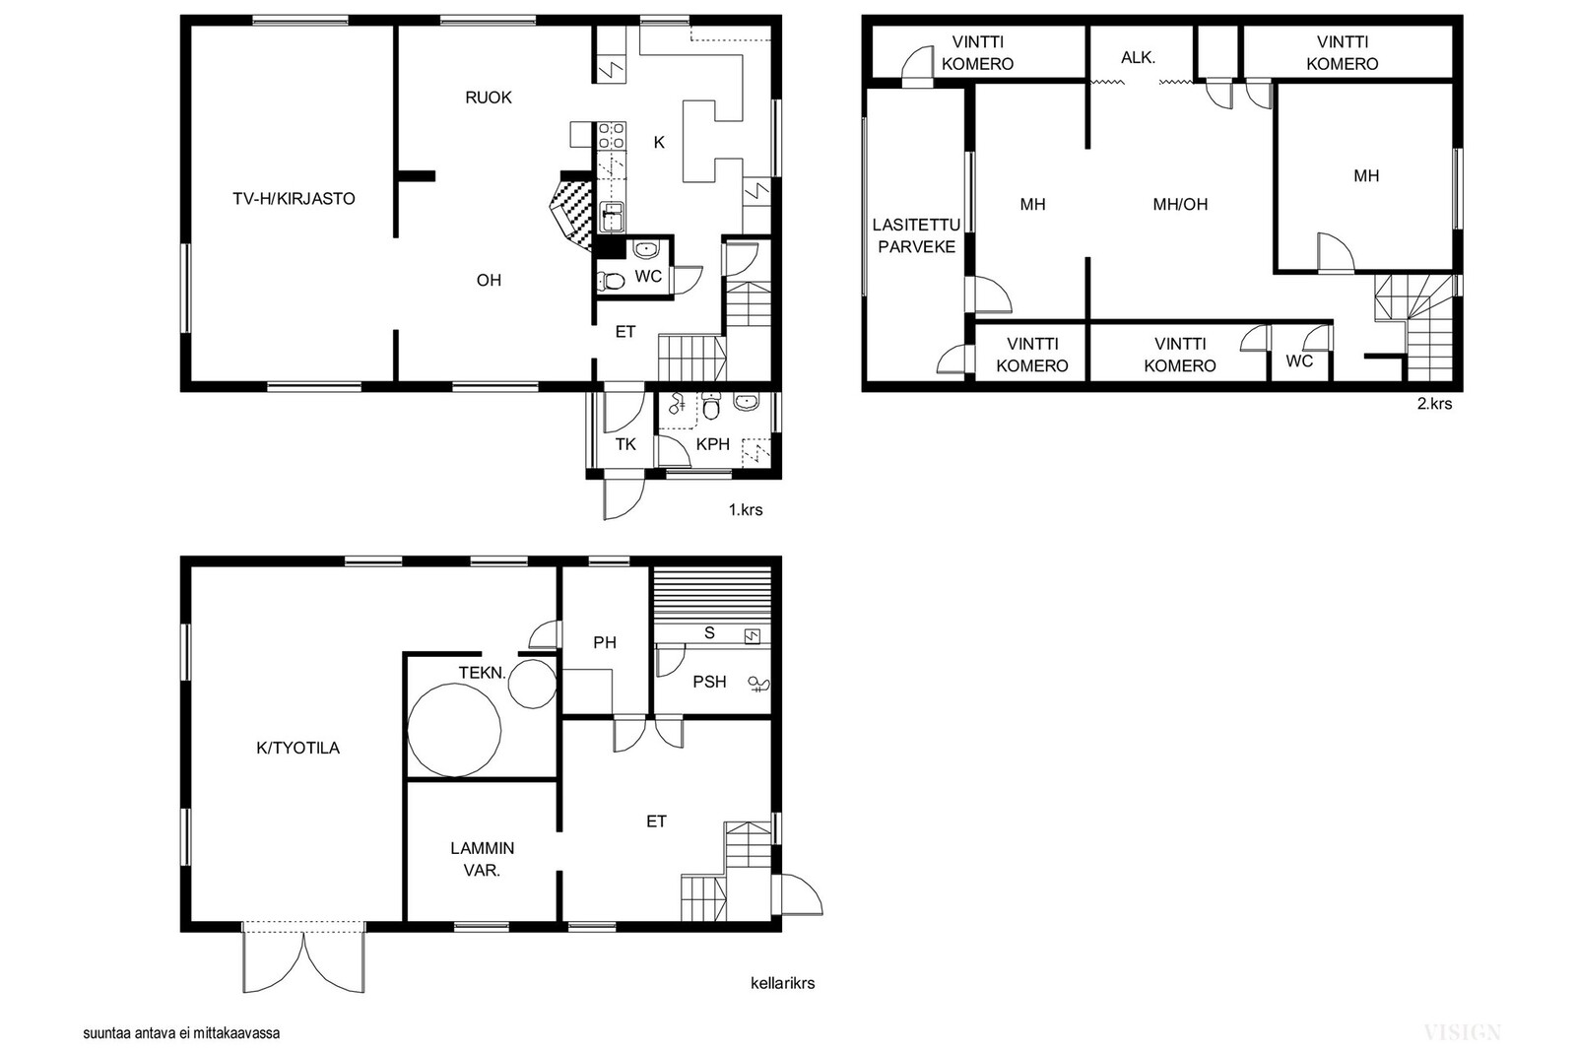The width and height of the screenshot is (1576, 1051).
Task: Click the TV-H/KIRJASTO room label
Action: click(295, 198)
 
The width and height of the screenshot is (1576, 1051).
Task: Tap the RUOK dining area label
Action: click(489, 98)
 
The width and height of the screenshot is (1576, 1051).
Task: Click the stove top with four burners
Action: click(612, 136)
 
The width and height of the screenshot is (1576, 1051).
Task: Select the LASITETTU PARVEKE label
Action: click(916, 235)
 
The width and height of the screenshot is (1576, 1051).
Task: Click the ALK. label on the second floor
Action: click(1139, 58)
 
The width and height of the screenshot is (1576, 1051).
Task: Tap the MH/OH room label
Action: click(1180, 205)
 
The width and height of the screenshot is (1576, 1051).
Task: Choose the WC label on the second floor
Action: click(1299, 361)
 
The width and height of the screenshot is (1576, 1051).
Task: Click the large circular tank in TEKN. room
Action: click(454, 730)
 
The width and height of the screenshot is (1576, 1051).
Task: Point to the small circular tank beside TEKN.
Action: click(533, 683)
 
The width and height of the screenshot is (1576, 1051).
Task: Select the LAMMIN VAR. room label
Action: click(482, 859)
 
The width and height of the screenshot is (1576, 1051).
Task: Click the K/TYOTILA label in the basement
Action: click(297, 748)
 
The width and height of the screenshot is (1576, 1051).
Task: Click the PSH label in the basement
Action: click(709, 682)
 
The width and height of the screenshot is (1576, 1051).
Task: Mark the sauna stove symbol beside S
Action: click(753, 637)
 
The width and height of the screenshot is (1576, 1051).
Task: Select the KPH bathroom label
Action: click(713, 444)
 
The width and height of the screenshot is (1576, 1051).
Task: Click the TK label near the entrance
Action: click(625, 444)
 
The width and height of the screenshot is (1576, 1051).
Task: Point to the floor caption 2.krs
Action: click(1434, 404)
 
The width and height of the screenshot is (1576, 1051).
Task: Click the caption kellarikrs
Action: click(782, 983)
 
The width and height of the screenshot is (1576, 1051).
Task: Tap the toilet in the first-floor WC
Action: click(612, 282)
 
